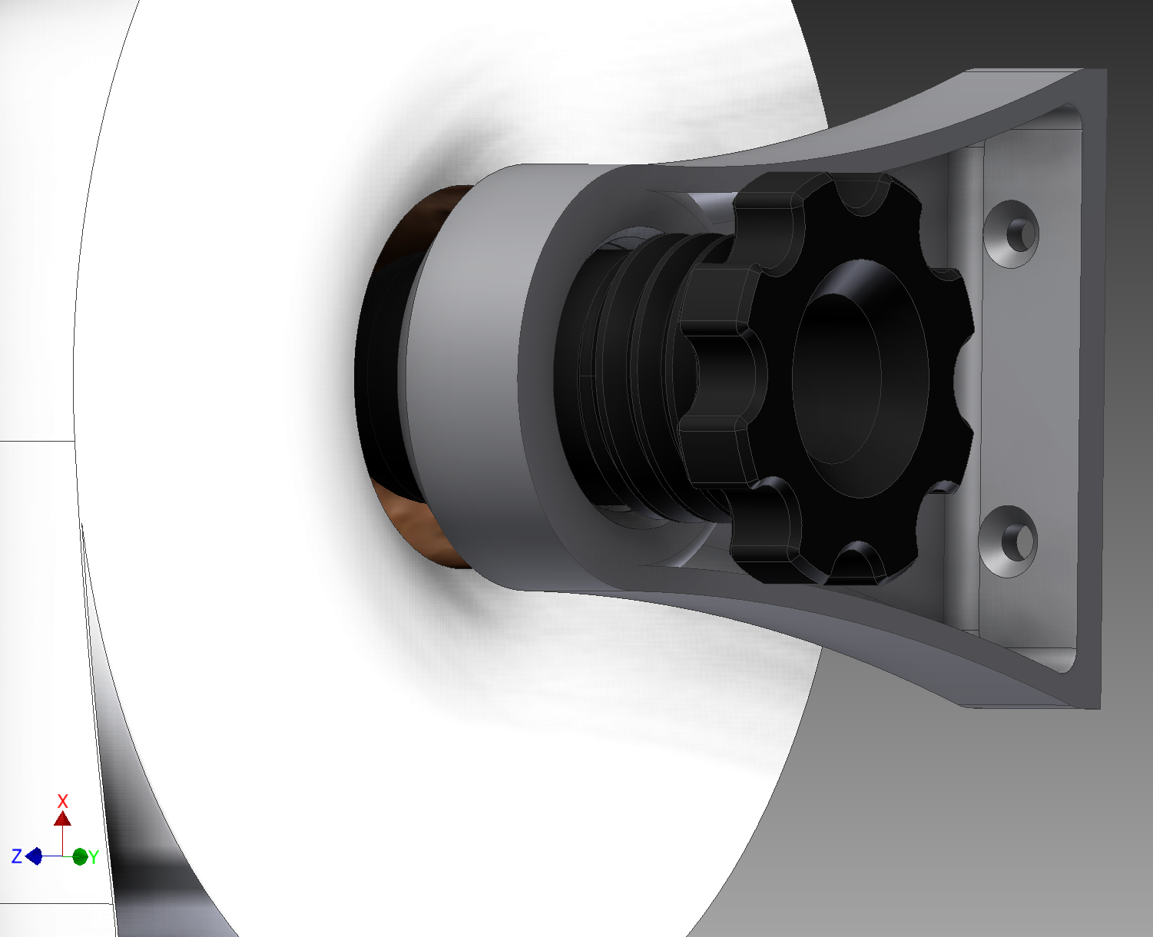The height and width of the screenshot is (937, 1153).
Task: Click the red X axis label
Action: [63, 801]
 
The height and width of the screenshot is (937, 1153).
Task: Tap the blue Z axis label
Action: [17, 856]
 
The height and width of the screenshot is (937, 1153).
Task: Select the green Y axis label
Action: [94, 857]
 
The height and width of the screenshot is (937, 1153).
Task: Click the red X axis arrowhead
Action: [63, 819]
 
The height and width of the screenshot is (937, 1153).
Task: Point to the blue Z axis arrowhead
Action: [34, 856]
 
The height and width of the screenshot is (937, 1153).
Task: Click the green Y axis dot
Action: [80, 856]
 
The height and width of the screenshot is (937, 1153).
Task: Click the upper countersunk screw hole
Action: [1011, 233]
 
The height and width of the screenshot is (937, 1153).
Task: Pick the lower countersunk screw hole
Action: [1008, 541]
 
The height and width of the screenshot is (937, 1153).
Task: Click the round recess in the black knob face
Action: [860, 378]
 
